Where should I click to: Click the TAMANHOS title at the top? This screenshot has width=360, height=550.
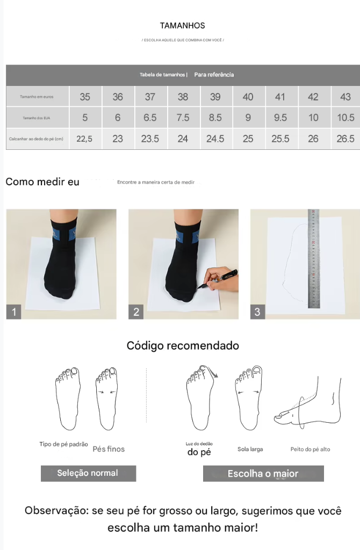pos(182,26)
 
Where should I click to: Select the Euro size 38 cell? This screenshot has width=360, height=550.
pos(183,97)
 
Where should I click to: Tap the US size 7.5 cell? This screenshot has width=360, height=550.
pos(183,118)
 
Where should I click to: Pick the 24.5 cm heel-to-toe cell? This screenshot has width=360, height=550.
pos(215,139)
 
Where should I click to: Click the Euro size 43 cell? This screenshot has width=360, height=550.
pos(345,97)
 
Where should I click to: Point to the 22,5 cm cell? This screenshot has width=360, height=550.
pos(84,139)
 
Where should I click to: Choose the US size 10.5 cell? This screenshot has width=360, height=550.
pos(345,118)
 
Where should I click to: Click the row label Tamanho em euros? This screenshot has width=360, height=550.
pos(37,97)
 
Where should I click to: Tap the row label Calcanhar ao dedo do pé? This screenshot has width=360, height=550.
pos(37,139)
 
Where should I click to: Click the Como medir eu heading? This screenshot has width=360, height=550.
pos(42,182)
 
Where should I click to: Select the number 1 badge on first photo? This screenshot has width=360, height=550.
pos(14,312)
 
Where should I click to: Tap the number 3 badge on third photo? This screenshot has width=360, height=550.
pos(257,312)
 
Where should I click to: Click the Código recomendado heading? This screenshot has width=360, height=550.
pos(183,345)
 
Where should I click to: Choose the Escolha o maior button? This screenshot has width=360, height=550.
pos(263,474)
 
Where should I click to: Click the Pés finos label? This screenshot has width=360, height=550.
pos(109,449)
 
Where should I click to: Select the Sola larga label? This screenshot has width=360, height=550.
pos(250,449)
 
